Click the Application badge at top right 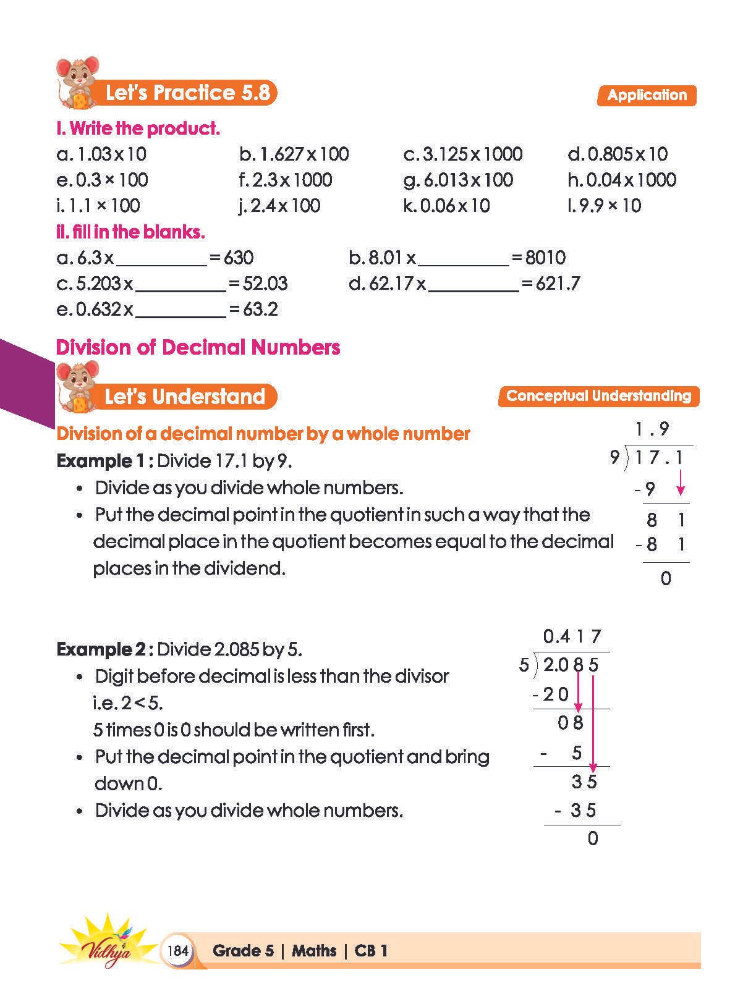coord(647,95)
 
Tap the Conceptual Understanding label coord(598,396)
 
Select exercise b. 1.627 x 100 coord(294,154)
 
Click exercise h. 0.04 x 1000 coord(622,180)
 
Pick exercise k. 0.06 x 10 coord(446,206)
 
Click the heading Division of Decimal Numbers coord(198,347)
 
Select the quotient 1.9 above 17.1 coord(652,428)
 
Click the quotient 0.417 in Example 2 coord(572,636)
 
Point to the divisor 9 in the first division coord(614,458)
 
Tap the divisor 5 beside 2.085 coord(524,665)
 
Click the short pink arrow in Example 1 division coord(681,483)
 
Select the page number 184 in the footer coord(177,950)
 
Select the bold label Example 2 coord(101,649)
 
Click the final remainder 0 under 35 coord(593,838)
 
